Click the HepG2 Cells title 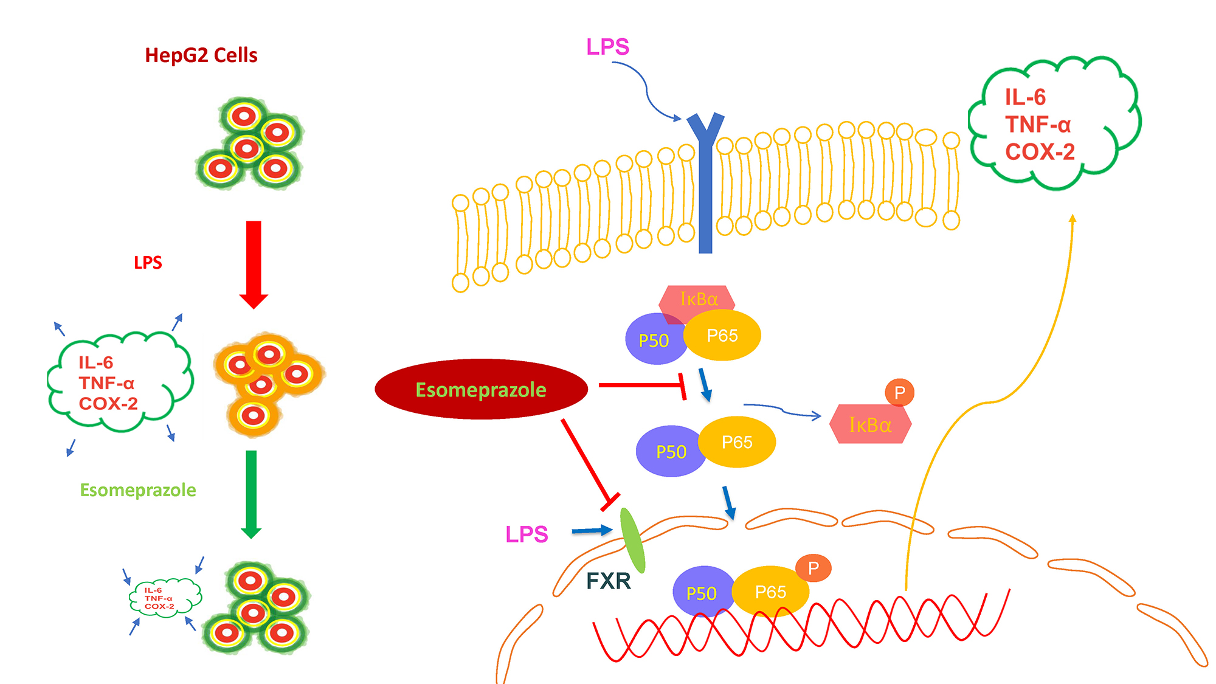tap(201, 55)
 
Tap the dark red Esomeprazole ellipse tap(481, 389)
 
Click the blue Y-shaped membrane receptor tap(705, 182)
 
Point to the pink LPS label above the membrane tap(607, 47)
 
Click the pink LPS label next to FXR tap(527, 534)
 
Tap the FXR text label tap(608, 581)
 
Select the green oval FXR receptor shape tap(632, 540)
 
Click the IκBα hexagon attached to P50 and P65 tap(698, 299)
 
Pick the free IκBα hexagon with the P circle tap(870, 424)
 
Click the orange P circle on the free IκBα tap(900, 393)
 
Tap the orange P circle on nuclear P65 tap(814, 568)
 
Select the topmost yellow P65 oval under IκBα tap(722, 335)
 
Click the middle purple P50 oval tap(670, 452)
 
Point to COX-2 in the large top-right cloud tap(1040, 151)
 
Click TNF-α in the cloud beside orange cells tap(106, 383)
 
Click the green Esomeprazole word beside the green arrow tap(138, 490)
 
